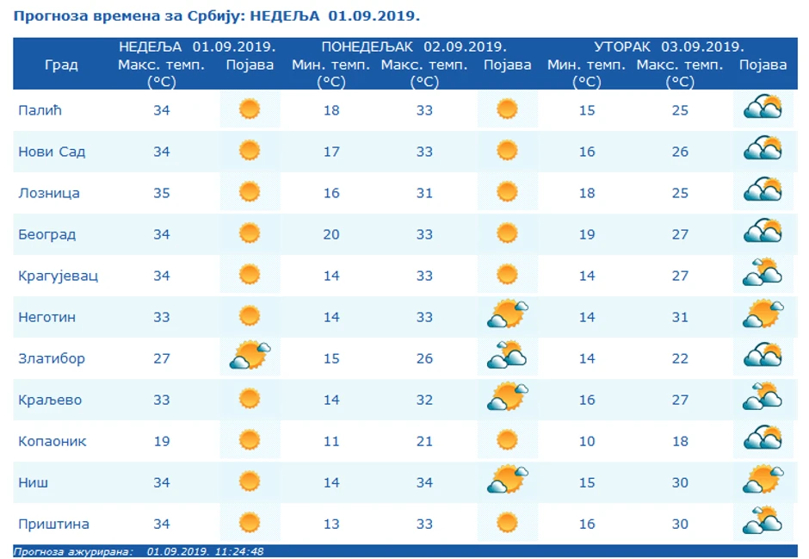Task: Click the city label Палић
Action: (x=40, y=110)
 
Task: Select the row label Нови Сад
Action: (x=52, y=152)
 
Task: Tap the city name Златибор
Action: (x=52, y=358)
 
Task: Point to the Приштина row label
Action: (x=53, y=524)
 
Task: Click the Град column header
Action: (x=61, y=65)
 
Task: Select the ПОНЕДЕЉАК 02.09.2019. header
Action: (x=413, y=47)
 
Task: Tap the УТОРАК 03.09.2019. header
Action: (x=669, y=47)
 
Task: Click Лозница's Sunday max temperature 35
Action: (x=162, y=193)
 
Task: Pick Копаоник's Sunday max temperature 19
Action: (x=162, y=441)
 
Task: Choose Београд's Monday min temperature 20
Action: (x=331, y=234)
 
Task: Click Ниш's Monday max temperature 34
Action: (x=424, y=482)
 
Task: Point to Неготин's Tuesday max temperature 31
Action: (x=680, y=317)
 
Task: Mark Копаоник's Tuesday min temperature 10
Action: (x=587, y=441)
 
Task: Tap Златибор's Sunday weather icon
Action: (x=250, y=356)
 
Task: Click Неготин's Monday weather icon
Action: (x=507, y=314)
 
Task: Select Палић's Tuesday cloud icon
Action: (x=763, y=109)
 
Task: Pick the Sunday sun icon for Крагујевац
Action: (x=250, y=276)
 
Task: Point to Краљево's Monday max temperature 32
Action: (x=424, y=400)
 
